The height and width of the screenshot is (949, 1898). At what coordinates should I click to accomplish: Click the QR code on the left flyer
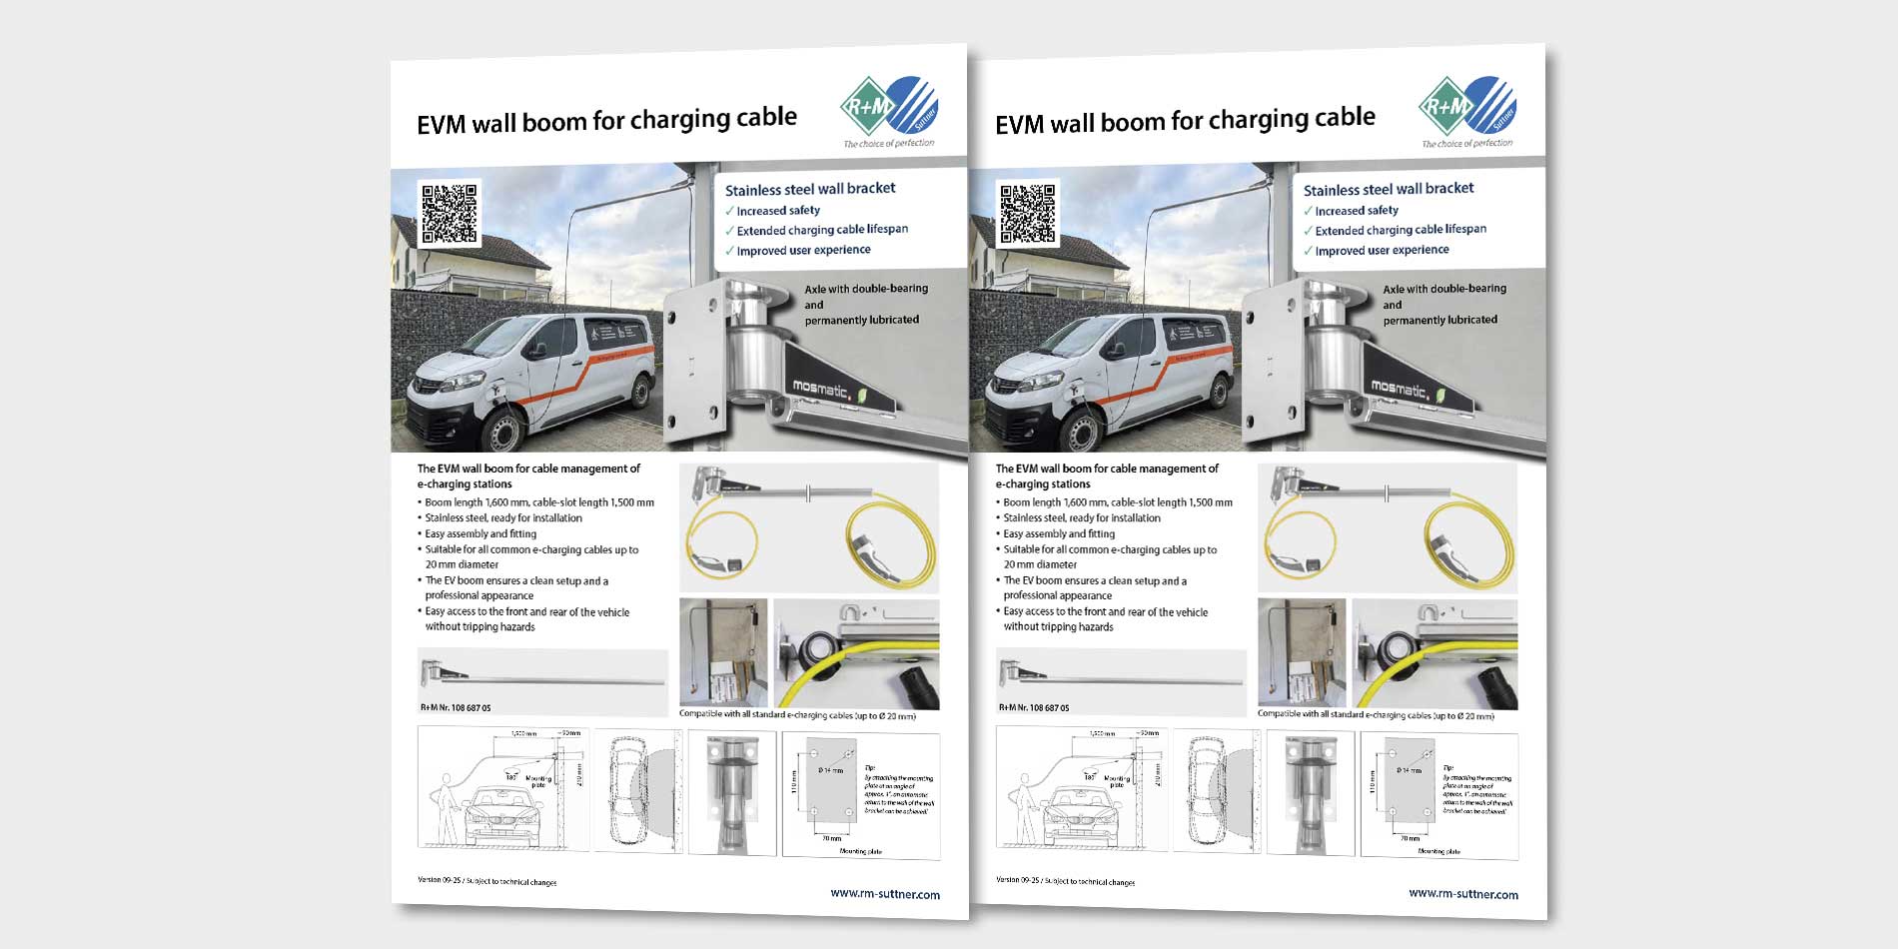click(450, 213)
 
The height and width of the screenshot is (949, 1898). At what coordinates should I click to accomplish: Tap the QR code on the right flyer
click(1028, 213)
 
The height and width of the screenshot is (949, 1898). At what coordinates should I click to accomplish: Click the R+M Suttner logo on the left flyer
click(888, 107)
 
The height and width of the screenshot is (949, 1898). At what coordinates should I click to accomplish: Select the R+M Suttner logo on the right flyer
click(1466, 107)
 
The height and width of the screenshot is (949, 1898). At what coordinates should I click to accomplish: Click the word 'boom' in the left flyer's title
click(553, 122)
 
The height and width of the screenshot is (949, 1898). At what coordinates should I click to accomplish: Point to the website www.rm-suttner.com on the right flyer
click(1462, 894)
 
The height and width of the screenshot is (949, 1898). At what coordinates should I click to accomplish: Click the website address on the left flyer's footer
click(884, 894)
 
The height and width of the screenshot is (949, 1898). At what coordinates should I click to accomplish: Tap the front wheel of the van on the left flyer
click(502, 432)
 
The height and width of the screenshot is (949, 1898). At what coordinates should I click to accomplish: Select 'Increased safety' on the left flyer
click(777, 211)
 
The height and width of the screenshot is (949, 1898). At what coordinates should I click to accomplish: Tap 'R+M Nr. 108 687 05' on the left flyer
click(456, 707)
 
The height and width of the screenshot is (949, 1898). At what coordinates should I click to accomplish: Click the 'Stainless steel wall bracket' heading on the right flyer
click(1388, 189)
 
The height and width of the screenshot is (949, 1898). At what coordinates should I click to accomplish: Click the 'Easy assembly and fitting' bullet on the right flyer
click(1058, 533)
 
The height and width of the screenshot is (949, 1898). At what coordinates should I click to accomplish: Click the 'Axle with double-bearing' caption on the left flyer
click(865, 289)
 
